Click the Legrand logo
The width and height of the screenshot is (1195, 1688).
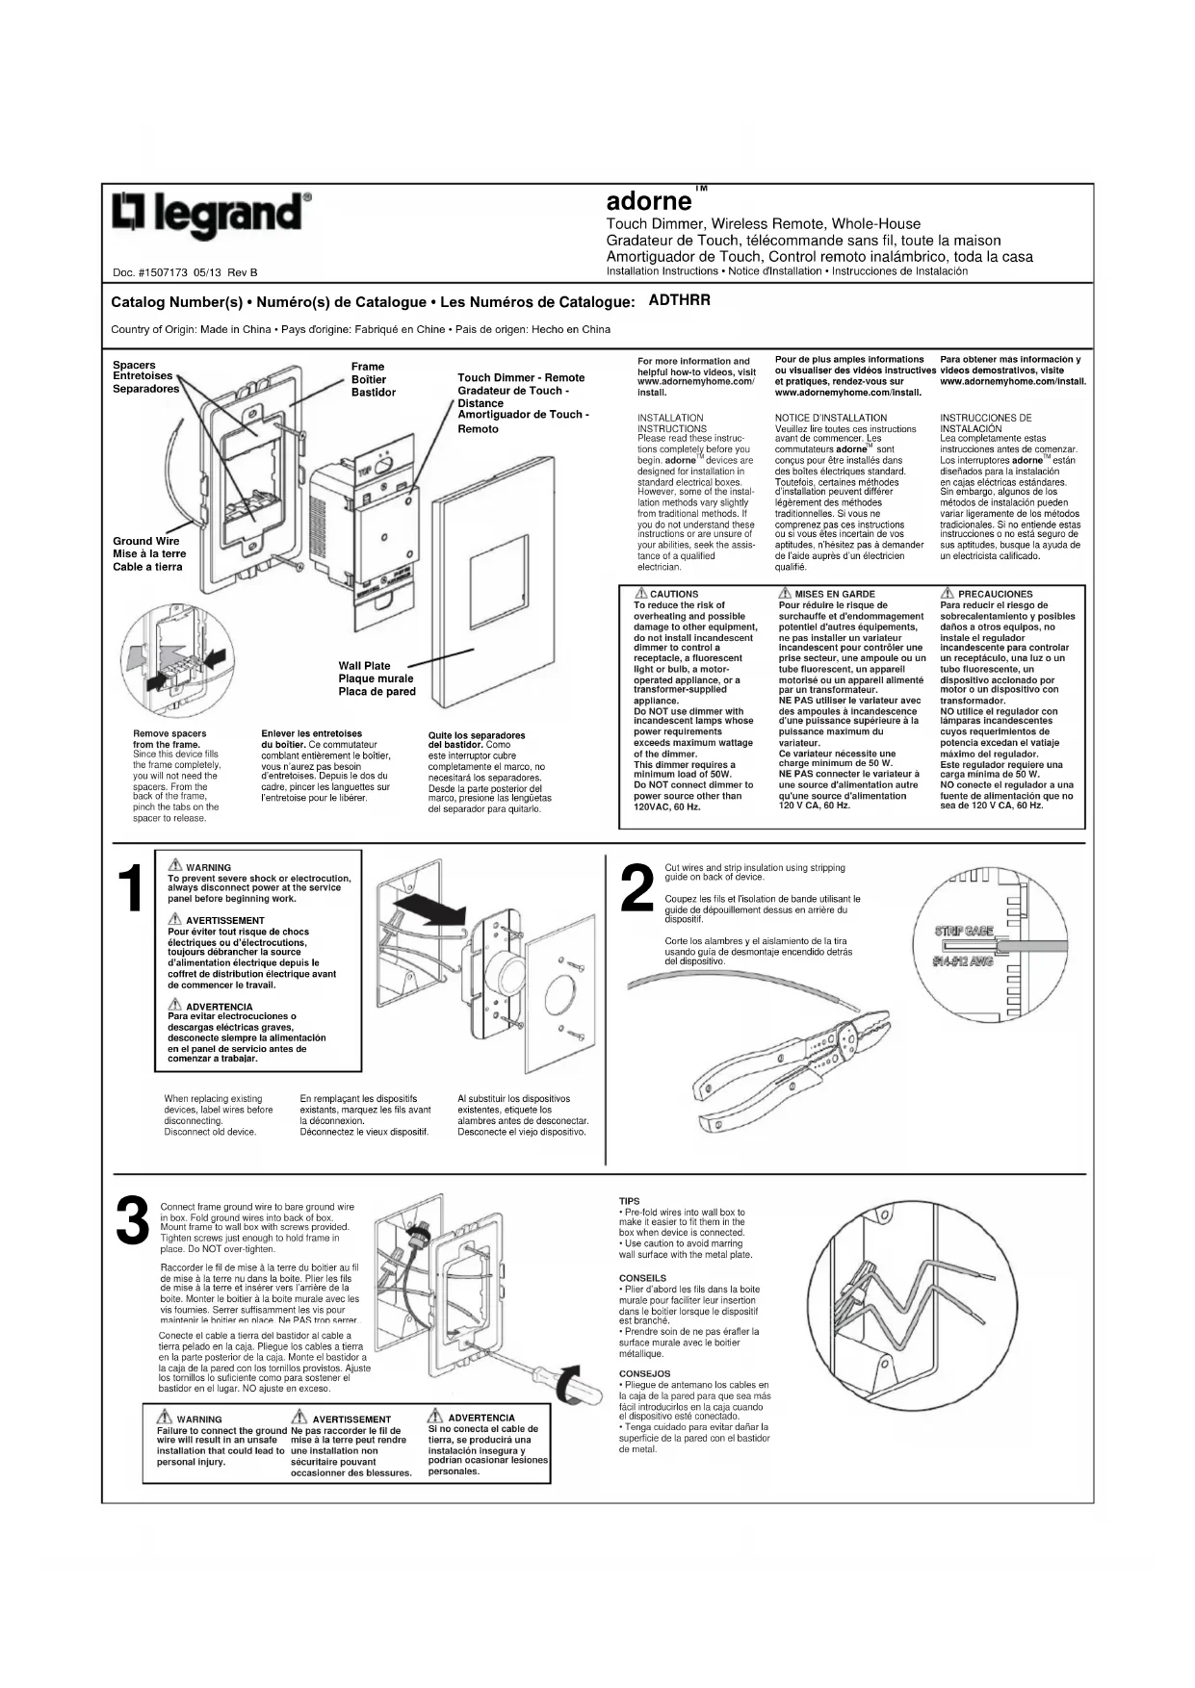(211, 214)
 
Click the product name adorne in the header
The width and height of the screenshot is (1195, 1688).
(648, 201)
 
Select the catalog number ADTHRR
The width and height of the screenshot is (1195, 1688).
(679, 300)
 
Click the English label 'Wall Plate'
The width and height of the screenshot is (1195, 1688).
(364, 666)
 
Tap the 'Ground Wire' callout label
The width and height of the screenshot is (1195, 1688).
(145, 541)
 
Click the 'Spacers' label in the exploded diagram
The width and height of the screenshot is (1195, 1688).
(134, 365)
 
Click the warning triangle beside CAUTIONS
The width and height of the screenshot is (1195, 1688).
(640, 594)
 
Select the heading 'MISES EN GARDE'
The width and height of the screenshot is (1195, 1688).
(835, 595)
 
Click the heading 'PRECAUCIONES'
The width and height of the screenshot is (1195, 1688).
(995, 595)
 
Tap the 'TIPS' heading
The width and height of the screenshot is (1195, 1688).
(629, 1201)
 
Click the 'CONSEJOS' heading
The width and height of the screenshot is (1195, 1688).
(644, 1373)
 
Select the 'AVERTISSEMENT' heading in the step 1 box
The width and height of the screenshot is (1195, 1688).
(224, 921)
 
